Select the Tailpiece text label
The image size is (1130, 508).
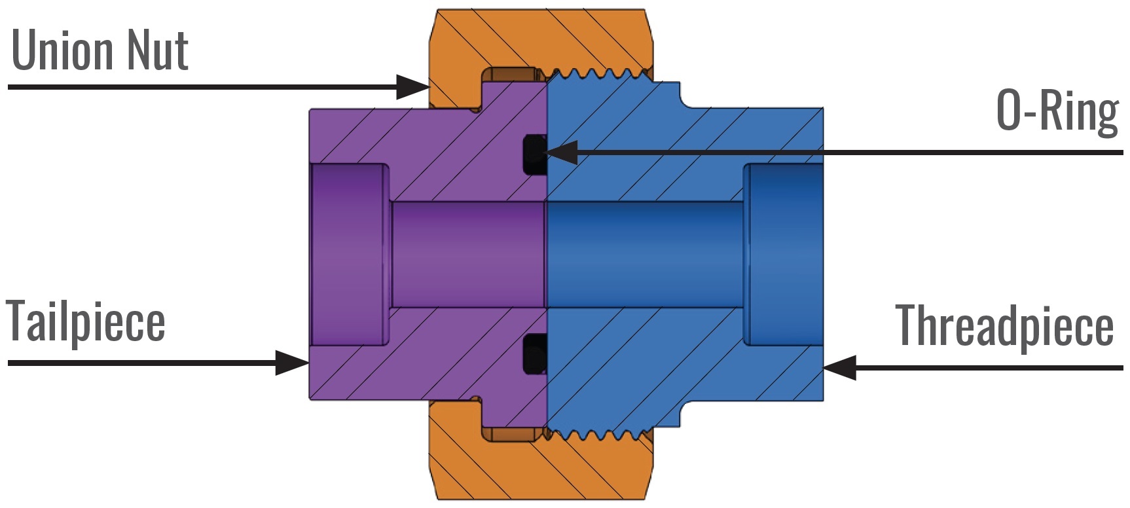click(x=85, y=321)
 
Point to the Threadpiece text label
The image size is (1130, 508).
click(x=1004, y=325)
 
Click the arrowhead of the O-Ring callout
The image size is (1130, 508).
click(x=560, y=152)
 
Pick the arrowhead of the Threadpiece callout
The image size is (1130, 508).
click(x=838, y=367)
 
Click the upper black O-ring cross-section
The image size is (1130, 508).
click(x=535, y=154)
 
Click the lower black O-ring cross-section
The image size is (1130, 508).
click(x=535, y=354)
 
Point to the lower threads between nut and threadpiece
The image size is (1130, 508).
click(x=596, y=434)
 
